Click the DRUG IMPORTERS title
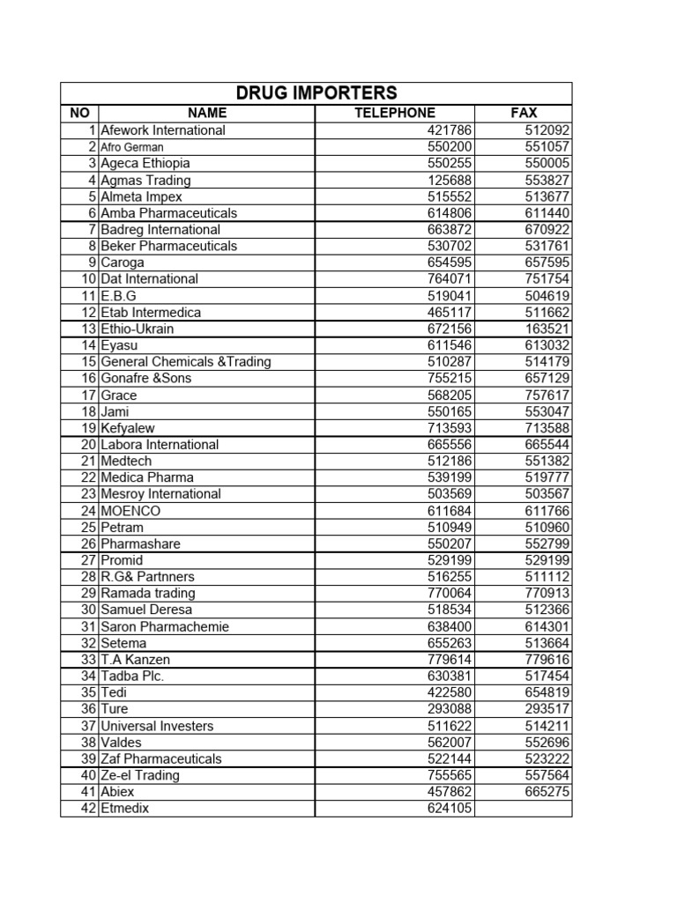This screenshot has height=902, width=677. click(316, 93)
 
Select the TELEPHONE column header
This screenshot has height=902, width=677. click(394, 113)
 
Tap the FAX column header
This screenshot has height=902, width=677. click(523, 113)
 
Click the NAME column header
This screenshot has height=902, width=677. click(206, 113)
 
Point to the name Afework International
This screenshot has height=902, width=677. click(163, 130)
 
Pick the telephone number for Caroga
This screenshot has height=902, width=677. click(450, 262)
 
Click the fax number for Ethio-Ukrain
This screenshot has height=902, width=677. click(547, 329)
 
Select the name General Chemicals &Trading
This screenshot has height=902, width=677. click(186, 362)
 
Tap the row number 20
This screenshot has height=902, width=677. click(88, 445)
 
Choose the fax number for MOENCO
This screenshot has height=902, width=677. click(547, 511)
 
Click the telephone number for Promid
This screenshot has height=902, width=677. click(450, 560)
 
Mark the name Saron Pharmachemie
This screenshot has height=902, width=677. click(165, 626)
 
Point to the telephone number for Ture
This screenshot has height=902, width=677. click(450, 709)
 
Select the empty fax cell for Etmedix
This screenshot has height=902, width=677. click(523, 809)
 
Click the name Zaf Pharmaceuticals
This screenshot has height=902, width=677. click(161, 758)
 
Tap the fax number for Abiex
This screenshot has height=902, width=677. click(547, 792)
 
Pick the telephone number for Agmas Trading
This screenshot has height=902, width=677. click(450, 180)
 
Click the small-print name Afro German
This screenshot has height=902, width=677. click(132, 147)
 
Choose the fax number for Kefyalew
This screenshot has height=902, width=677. click(547, 428)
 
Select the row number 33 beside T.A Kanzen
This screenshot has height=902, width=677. click(88, 660)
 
